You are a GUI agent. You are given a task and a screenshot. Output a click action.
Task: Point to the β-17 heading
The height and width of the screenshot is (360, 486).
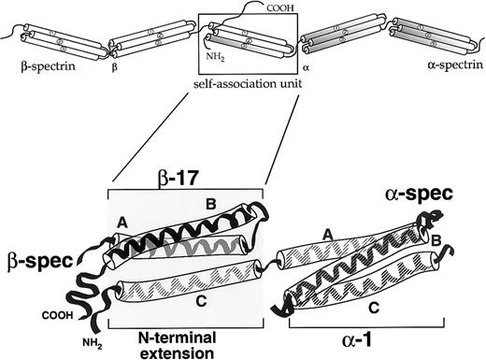[188, 175]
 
